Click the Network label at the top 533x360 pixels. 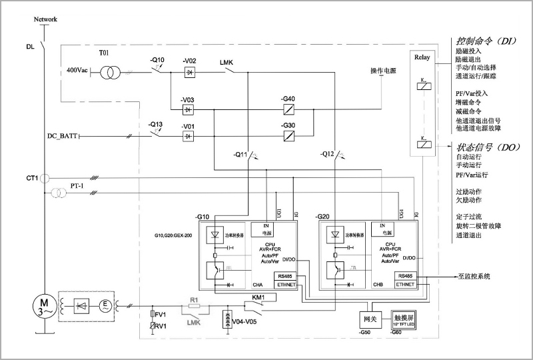pyautogui.click(x=46, y=19)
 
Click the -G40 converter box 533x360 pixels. pyautogui.click(x=288, y=109)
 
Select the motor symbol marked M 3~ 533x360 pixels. pyautogui.click(x=42, y=309)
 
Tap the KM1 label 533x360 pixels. pyautogui.click(x=259, y=297)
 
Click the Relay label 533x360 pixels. pyautogui.click(x=422, y=58)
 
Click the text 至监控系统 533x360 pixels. pyautogui.click(x=473, y=276)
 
